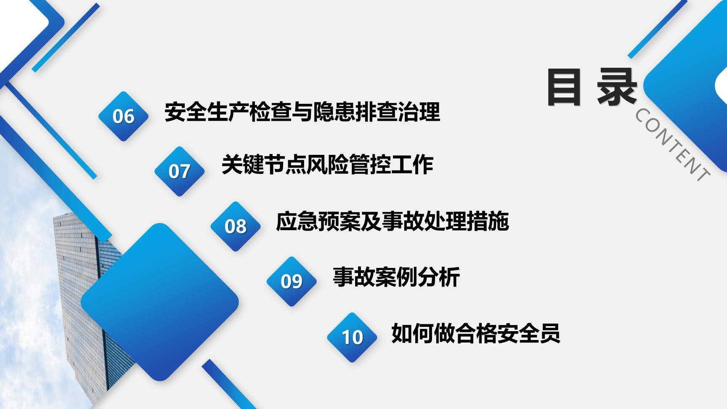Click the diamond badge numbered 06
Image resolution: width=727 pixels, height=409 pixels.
(x=123, y=116)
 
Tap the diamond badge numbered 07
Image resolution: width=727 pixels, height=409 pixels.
(x=179, y=171)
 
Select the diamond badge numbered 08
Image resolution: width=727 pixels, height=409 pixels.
(x=235, y=226)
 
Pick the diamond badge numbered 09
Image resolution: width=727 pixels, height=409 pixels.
(x=291, y=281)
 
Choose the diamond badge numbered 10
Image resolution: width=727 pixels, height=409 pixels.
(x=352, y=337)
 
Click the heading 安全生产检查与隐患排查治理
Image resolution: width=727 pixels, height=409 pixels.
(x=302, y=112)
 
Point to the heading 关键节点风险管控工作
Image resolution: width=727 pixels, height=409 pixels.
(x=327, y=165)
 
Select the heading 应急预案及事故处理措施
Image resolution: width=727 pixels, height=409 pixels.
(x=392, y=221)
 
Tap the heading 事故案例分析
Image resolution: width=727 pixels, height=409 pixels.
(x=396, y=277)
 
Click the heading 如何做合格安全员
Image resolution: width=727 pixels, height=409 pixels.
(x=475, y=333)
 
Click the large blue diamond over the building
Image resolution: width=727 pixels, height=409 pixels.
(x=159, y=302)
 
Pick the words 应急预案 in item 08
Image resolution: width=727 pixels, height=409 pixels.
(x=318, y=221)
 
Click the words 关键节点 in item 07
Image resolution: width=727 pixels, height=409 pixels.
(x=263, y=165)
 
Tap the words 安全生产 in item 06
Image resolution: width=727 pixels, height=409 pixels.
(x=207, y=112)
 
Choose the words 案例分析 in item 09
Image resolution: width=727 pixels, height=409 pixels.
(x=417, y=277)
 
